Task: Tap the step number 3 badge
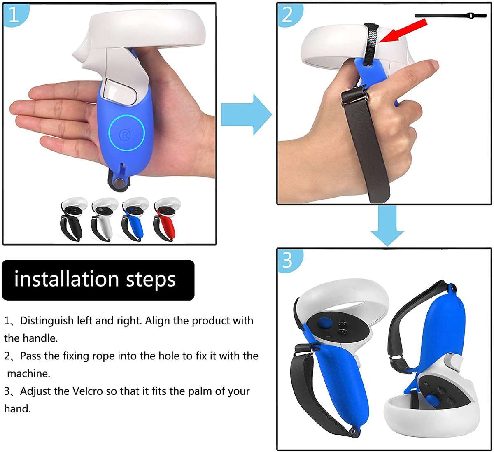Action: click(x=287, y=260)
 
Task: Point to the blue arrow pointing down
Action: click(x=387, y=226)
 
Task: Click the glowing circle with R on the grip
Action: click(x=126, y=133)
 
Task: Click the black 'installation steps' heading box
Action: click(x=98, y=280)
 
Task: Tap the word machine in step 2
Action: click(x=28, y=373)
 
